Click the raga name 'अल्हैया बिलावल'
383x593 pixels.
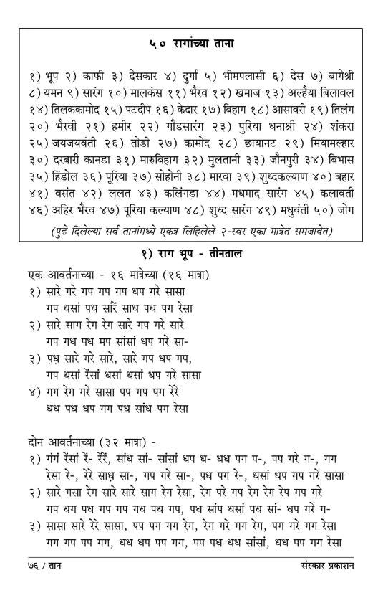[312, 92]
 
